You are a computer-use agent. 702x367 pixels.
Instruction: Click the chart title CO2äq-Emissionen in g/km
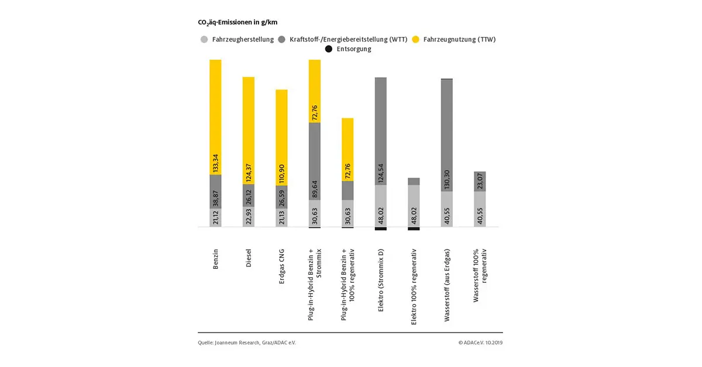[x=238, y=22]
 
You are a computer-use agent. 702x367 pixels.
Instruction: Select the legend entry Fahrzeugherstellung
[x=238, y=40]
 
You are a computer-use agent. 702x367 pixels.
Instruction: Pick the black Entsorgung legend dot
[x=329, y=49]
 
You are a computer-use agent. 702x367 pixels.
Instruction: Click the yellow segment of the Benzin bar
[x=215, y=117]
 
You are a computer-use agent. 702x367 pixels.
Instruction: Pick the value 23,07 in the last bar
[x=480, y=182]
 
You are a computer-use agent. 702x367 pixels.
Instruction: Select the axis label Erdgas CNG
[x=282, y=267]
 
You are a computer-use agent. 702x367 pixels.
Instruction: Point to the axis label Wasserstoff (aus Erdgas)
[x=447, y=285]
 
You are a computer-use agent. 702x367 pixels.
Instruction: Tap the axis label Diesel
[x=249, y=258]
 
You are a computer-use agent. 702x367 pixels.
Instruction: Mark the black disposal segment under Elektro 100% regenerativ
[x=414, y=228]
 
